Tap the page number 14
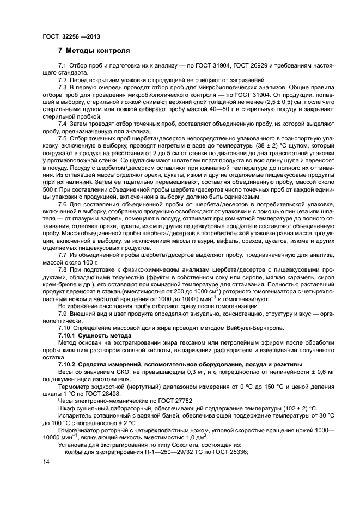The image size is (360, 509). click(x=46, y=462)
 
